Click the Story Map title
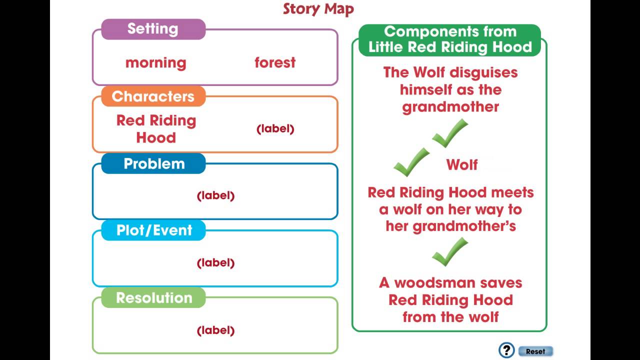click(318, 9)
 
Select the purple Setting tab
click(153, 29)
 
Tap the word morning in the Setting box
click(155, 63)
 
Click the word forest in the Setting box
click(275, 63)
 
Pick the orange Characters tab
click(153, 96)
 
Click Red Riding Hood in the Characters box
click(156, 129)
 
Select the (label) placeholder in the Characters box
click(275, 129)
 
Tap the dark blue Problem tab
click(153, 164)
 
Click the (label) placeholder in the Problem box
click(215, 196)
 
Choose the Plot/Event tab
click(153, 230)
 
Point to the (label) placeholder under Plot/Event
click(215, 263)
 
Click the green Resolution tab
click(153, 298)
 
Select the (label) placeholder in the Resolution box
click(215, 330)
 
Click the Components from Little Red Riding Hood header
click(450, 39)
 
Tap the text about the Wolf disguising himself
click(450, 90)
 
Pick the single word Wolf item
click(462, 165)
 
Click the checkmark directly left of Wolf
click(411, 162)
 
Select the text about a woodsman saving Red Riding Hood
click(450, 300)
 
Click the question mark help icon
click(506, 350)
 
